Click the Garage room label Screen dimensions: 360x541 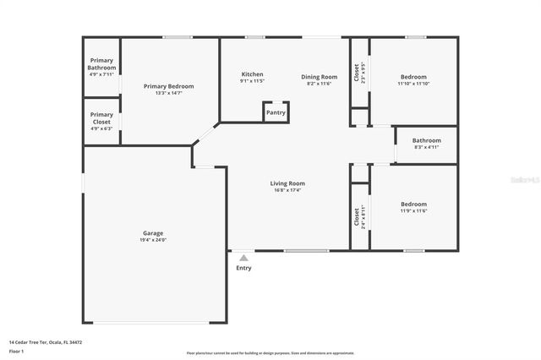click(x=153, y=232)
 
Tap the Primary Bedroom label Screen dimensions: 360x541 click(x=168, y=86)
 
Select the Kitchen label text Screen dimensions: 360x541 click(x=253, y=74)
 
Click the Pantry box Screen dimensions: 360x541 click(x=276, y=112)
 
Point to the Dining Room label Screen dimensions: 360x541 click(x=320, y=77)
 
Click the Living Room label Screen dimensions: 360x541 click(x=287, y=183)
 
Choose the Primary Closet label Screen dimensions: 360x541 click(x=101, y=118)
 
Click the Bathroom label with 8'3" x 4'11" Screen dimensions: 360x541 click(x=426, y=140)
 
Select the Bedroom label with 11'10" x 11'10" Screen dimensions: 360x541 click(x=413, y=77)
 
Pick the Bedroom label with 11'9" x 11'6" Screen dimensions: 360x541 click(x=413, y=204)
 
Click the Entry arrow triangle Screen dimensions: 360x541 click(x=243, y=258)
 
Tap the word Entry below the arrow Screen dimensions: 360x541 click(x=243, y=268)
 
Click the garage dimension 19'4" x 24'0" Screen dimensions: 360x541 click(x=153, y=240)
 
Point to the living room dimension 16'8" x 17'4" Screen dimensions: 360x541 click(x=287, y=190)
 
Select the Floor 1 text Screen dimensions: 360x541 click(x=17, y=352)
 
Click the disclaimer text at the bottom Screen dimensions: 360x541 click(x=270, y=353)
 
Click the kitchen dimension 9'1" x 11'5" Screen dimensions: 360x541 click(x=253, y=82)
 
